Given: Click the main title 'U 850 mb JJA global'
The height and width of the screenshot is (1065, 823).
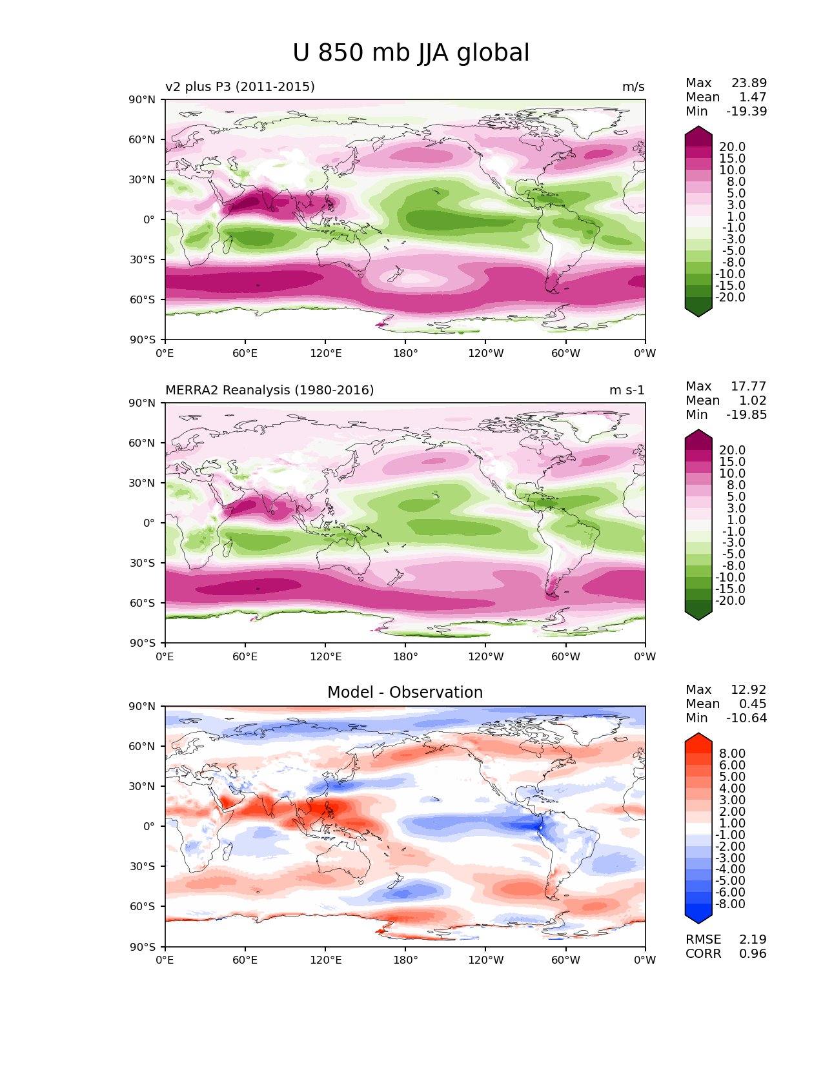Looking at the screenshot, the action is click(x=411, y=53).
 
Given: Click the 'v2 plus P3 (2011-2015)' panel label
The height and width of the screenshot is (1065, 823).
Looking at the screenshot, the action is click(x=239, y=86).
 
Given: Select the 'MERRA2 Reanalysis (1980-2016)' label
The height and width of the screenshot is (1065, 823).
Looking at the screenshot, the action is click(x=269, y=390).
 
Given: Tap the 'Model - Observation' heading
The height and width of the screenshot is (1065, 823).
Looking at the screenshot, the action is click(x=405, y=692).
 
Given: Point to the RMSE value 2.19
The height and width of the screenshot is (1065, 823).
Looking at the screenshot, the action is click(x=753, y=939).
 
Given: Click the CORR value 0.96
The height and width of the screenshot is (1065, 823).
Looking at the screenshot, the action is click(x=753, y=953).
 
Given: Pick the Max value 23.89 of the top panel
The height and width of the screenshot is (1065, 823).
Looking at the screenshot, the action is click(x=749, y=83).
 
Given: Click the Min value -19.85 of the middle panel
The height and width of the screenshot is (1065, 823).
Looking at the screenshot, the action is click(x=746, y=414).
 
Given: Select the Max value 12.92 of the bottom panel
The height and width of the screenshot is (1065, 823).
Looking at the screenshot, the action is click(x=748, y=689).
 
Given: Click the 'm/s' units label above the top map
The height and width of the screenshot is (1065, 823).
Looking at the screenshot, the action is click(x=633, y=86).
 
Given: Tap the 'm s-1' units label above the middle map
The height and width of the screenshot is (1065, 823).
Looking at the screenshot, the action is click(x=627, y=390).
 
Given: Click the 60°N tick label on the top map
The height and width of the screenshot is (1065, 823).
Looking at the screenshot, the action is click(x=141, y=139).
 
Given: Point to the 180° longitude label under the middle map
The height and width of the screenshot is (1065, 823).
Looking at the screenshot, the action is click(x=405, y=656).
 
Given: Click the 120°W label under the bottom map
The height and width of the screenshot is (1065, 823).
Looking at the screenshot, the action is click(x=486, y=960).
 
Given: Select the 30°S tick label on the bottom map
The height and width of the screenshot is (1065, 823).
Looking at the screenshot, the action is click(x=142, y=866).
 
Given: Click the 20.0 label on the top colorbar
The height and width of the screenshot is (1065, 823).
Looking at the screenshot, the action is click(x=732, y=147).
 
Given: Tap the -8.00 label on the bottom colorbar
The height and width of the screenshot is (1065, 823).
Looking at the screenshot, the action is click(x=730, y=904).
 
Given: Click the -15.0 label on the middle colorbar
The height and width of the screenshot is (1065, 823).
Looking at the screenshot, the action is click(x=730, y=589).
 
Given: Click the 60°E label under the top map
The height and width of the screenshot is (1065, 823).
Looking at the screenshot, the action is click(x=245, y=353).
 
